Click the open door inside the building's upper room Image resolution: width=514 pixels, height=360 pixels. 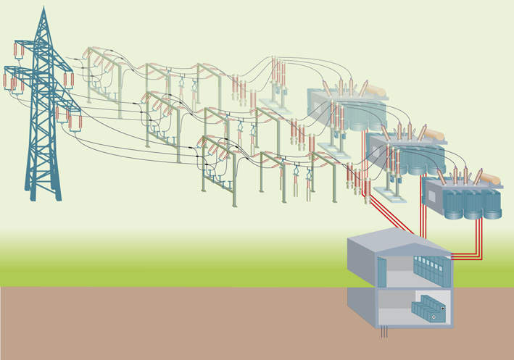pos(381,272)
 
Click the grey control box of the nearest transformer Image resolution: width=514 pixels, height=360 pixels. pos(433,195)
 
